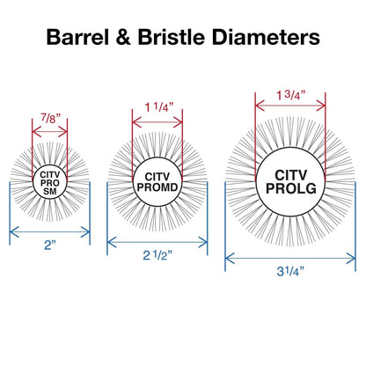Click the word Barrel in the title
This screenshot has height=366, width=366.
click(x=77, y=37)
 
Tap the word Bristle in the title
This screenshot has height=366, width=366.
click(x=172, y=37)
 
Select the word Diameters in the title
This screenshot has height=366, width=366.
click(x=266, y=37)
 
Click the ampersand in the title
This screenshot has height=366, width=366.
click(x=123, y=37)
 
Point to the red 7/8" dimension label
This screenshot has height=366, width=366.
click(x=50, y=118)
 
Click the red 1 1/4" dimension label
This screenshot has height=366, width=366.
click(x=157, y=107)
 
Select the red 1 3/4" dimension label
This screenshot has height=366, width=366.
click(x=290, y=95)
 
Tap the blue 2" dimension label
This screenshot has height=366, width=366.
click(x=50, y=245)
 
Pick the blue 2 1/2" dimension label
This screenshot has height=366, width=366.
click(x=157, y=255)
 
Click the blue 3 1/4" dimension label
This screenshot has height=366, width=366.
click(x=290, y=272)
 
